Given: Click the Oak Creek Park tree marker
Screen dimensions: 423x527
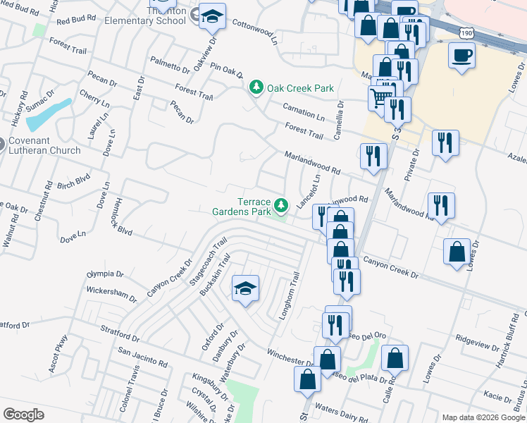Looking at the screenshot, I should pyautogui.click(x=256, y=88).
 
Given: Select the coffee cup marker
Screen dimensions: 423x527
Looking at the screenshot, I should pyautogui.click(x=461, y=55).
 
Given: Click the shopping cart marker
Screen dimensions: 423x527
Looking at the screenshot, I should pyautogui.click(x=381, y=97).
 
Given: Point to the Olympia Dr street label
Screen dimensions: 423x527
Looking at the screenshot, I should pyautogui.click(x=104, y=274).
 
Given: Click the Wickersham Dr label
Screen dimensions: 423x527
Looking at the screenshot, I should pyautogui.click(x=111, y=293).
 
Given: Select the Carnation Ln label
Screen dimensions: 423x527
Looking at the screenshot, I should pyautogui.click(x=304, y=111).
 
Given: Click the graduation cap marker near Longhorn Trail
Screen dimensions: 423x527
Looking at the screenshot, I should pyautogui.click(x=245, y=288).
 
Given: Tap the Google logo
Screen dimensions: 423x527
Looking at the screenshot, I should pyautogui.click(x=23, y=415).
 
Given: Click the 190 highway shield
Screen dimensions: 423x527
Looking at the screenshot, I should pyautogui.click(x=466, y=32).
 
